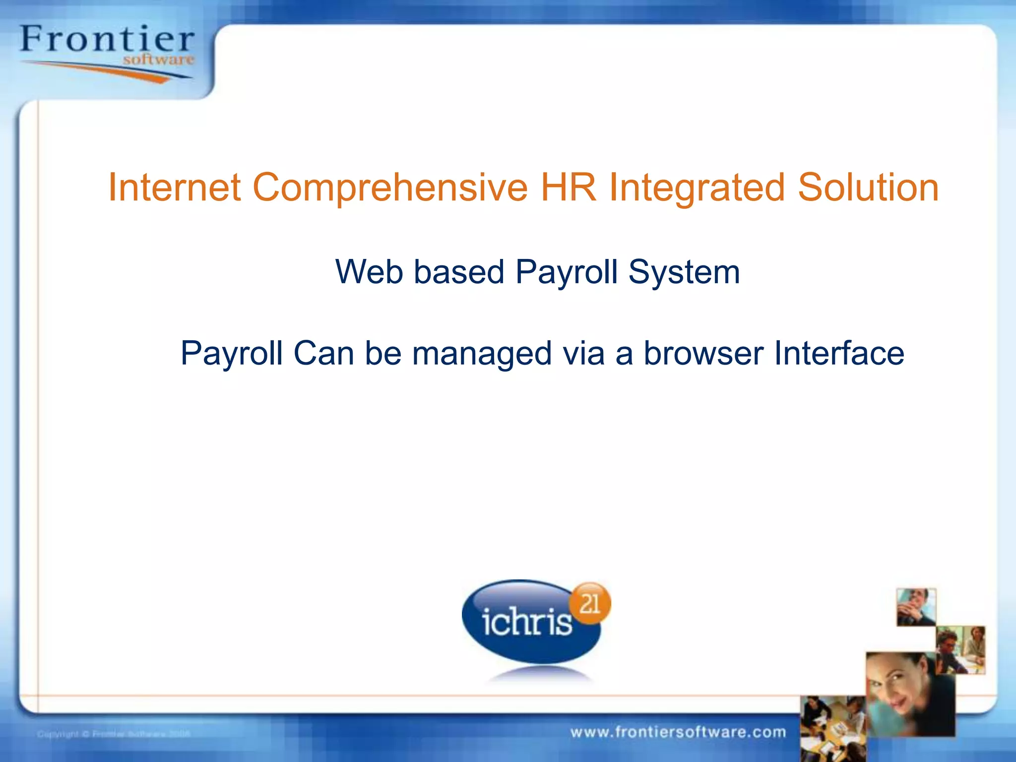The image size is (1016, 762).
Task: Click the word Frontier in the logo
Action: click(x=107, y=40)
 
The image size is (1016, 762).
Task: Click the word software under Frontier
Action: click(x=159, y=60)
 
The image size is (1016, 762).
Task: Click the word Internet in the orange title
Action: click(x=174, y=188)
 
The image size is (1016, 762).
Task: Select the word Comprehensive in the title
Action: click(x=390, y=188)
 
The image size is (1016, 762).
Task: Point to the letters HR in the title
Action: click(x=568, y=188)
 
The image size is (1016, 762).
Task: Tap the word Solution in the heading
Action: click(x=868, y=188)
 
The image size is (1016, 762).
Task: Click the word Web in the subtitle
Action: click(x=369, y=272)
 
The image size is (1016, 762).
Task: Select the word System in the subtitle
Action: click(x=684, y=272)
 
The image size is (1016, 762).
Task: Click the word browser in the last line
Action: click(x=703, y=353)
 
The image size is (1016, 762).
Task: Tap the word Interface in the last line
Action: click(x=839, y=353)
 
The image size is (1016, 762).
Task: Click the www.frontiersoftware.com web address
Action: click(x=678, y=732)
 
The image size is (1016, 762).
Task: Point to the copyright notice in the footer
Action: click(x=114, y=734)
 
